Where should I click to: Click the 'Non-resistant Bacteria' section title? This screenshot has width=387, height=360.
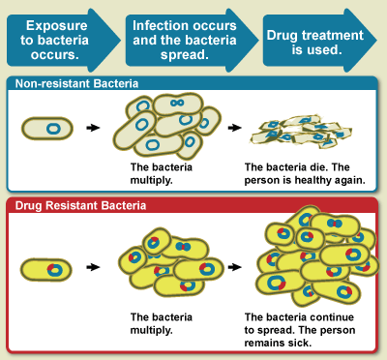point(76,84)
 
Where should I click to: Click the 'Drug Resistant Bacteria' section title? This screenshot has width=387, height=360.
point(76,205)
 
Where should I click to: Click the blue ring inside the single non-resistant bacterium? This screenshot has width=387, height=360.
point(56,127)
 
